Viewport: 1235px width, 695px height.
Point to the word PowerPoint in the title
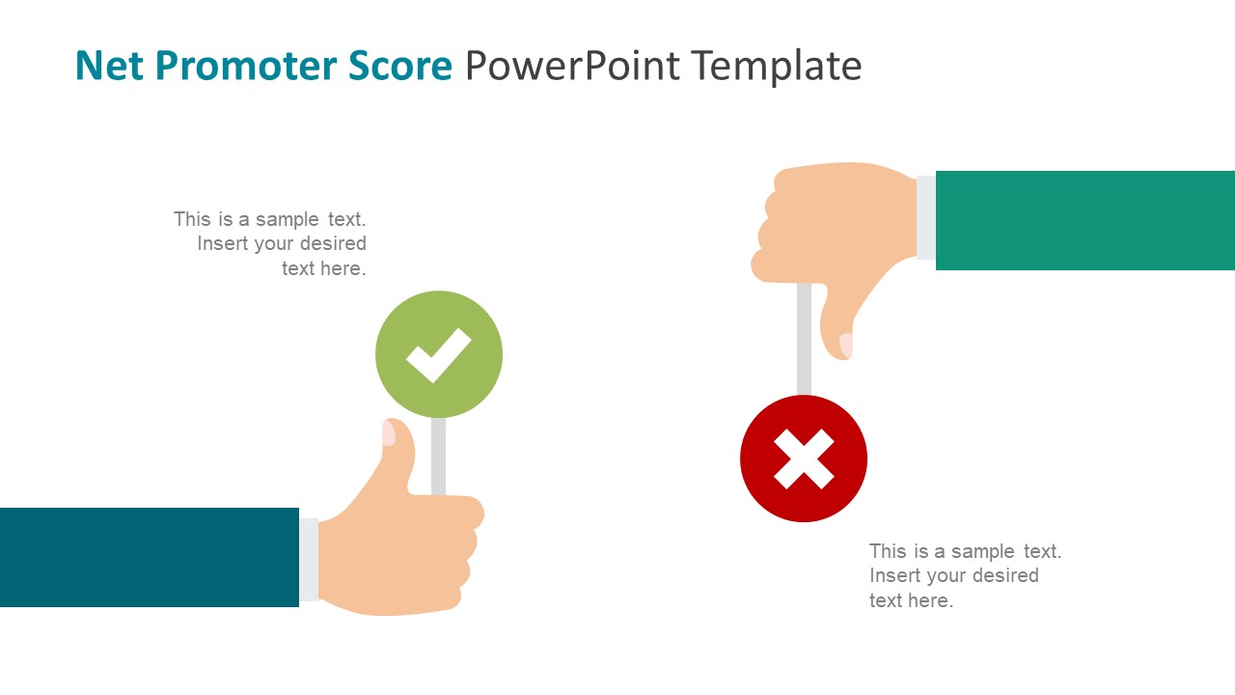click(573, 66)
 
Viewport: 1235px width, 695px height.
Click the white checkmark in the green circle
click(438, 354)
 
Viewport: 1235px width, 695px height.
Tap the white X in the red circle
click(804, 459)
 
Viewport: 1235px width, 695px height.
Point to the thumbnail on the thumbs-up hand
click(389, 433)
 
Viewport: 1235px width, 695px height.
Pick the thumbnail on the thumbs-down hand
click(846, 345)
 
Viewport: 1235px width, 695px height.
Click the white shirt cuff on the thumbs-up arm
click(309, 560)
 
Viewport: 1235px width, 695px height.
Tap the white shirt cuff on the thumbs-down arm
click(925, 217)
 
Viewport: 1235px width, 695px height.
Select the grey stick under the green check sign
click(438, 456)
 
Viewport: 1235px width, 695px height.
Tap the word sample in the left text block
click(287, 219)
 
